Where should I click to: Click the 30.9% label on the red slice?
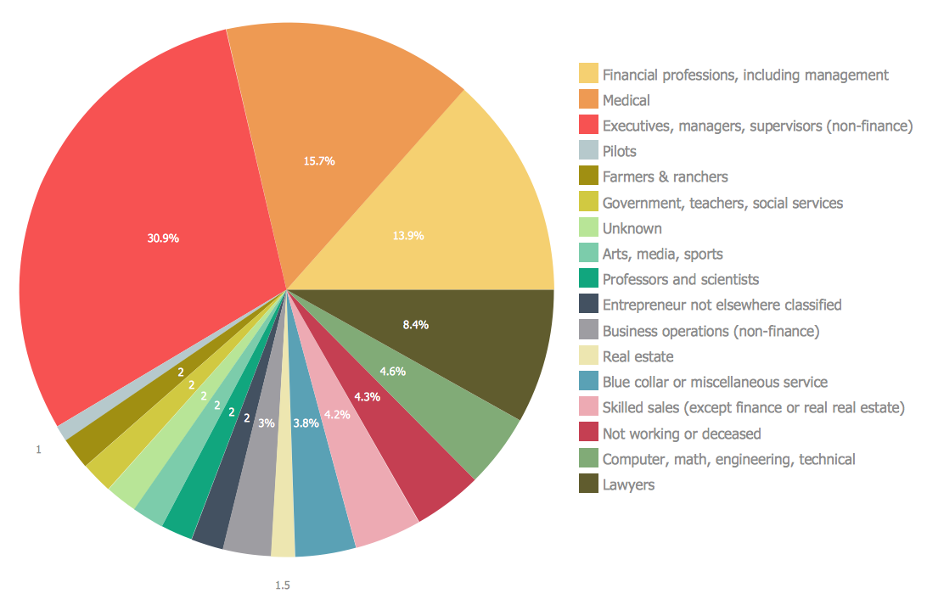163,238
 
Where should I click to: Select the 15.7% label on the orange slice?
319,160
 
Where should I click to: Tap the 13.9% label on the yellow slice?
408,236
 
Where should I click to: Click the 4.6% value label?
392,371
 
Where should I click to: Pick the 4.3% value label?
367,396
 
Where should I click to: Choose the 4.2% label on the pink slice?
338,415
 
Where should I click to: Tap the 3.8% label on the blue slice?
306,423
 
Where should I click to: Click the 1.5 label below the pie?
283,585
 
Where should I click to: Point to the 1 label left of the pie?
38,451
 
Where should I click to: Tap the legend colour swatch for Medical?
588,100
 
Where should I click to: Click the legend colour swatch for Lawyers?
588,484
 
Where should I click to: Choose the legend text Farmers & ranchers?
665,177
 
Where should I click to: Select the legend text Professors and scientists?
681,279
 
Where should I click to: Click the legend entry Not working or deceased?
682,434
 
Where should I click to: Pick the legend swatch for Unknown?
588,228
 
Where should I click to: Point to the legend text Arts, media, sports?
662,254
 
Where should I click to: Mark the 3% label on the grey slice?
267,423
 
